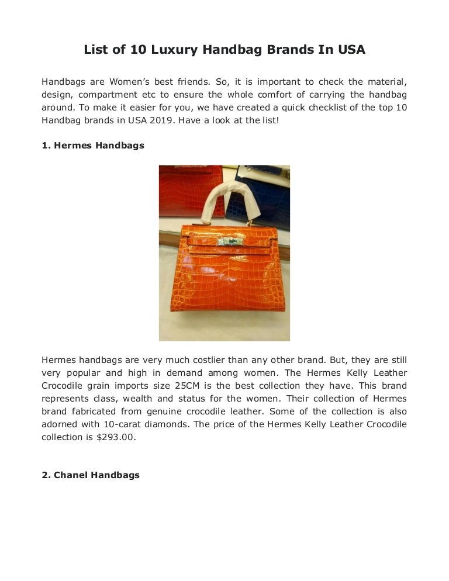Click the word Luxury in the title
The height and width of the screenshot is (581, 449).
174,50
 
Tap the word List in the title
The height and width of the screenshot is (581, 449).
96,50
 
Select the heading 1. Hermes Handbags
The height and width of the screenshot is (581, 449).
93,146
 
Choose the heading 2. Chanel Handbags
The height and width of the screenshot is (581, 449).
91,475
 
